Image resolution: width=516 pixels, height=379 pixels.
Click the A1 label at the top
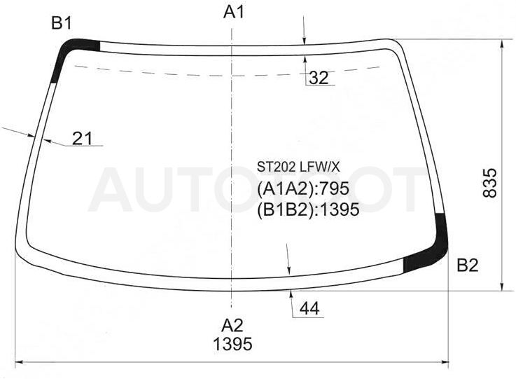(234, 13)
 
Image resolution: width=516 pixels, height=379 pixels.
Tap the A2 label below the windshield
(232, 325)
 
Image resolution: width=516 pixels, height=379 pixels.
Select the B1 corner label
(62, 23)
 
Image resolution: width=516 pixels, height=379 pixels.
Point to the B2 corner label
(467, 265)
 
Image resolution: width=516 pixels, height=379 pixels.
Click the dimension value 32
(319, 78)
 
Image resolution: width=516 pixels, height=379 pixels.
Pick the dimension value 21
(83, 138)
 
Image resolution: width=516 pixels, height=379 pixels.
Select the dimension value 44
(309, 309)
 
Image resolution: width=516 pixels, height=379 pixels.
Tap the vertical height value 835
(489, 183)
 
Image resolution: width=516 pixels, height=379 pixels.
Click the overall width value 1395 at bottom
(232, 344)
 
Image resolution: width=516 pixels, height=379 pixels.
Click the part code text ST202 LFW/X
(298, 167)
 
